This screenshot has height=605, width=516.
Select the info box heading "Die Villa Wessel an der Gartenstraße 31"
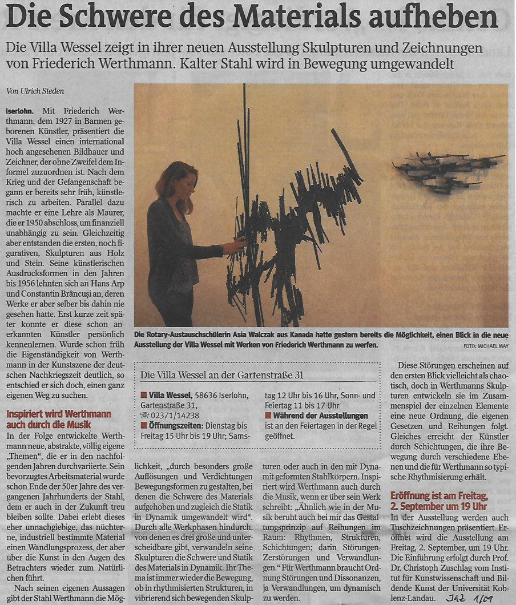pos(221,374)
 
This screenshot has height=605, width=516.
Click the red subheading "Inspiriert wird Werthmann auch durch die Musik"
pos(59,420)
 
